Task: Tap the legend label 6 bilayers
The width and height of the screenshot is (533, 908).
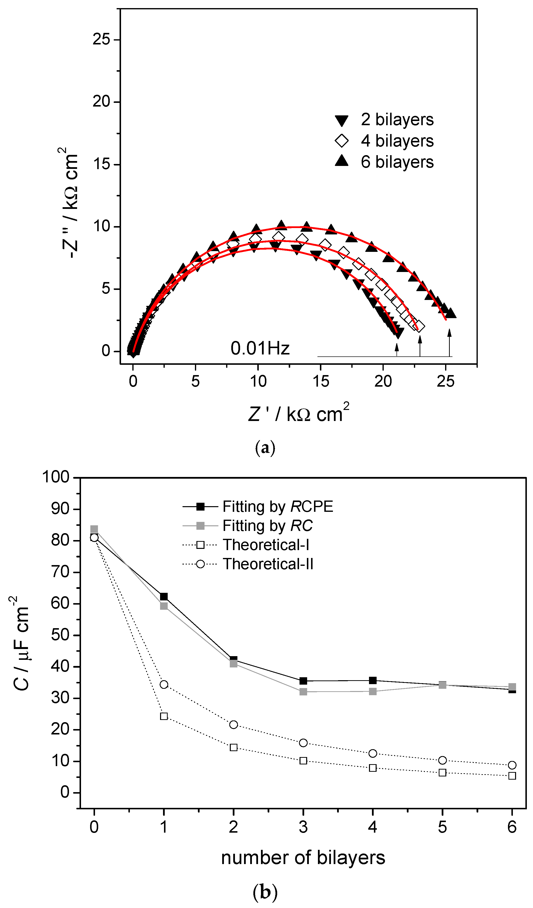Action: [x=397, y=162]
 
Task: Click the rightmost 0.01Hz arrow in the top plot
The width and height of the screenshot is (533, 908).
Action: [x=449, y=342]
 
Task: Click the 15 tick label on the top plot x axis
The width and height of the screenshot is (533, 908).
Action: [x=320, y=381]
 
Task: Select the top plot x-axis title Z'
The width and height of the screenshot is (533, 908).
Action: [x=298, y=414]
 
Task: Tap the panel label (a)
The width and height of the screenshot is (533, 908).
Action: [x=265, y=447]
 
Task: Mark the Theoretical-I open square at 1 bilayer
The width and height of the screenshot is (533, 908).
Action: [x=164, y=716]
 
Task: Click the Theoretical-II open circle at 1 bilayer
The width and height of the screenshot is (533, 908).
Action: [x=164, y=684]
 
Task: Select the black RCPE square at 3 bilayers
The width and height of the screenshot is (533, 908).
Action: [x=303, y=681]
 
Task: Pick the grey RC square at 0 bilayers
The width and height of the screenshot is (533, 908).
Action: [x=94, y=529]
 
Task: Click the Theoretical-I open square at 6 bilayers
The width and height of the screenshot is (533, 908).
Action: [x=512, y=776]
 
